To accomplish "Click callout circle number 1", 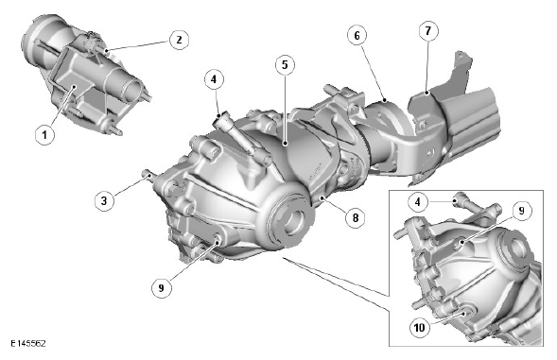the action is [x=44, y=135].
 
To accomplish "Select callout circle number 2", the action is [x=179, y=40].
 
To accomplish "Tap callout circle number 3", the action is [x=104, y=200].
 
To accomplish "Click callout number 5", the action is [x=285, y=65].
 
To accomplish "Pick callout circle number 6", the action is [x=357, y=35].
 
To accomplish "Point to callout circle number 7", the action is [x=428, y=31].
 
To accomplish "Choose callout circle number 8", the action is [x=356, y=217].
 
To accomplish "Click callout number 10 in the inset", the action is [x=420, y=327].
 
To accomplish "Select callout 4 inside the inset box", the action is [x=418, y=202].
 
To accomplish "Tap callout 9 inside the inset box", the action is [x=521, y=211].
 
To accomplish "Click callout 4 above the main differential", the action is [x=214, y=79].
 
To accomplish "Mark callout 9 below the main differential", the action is [x=162, y=287].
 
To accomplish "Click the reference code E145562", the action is [x=28, y=344].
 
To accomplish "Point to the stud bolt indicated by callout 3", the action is [x=148, y=175].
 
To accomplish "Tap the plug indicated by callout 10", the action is [x=467, y=313].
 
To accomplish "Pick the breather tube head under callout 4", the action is [x=220, y=119].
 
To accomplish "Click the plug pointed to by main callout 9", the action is [x=217, y=239].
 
